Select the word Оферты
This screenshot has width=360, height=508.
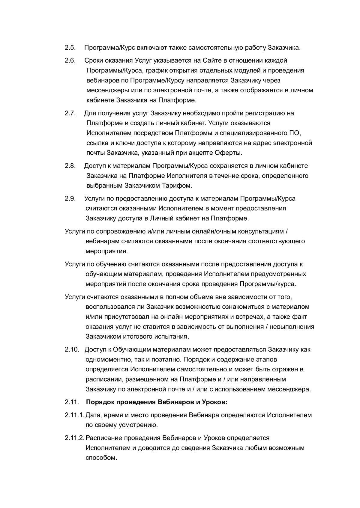click(229, 153)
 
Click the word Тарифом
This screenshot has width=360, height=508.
click(178, 186)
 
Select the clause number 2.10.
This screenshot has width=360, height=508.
click(72, 349)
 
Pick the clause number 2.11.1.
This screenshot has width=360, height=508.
click(74, 415)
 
